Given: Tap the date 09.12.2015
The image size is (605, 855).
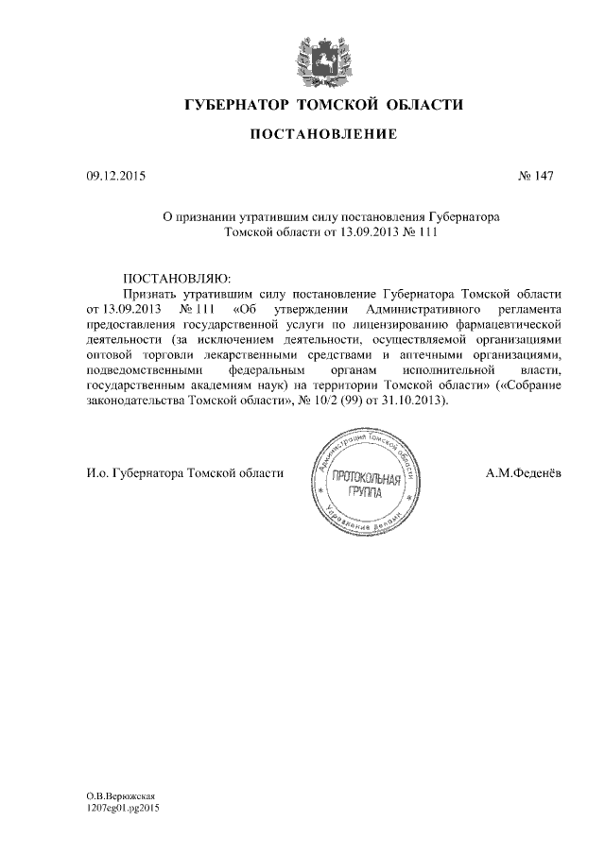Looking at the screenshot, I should point(111,176).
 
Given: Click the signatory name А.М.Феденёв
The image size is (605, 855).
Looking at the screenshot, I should point(524,473).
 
